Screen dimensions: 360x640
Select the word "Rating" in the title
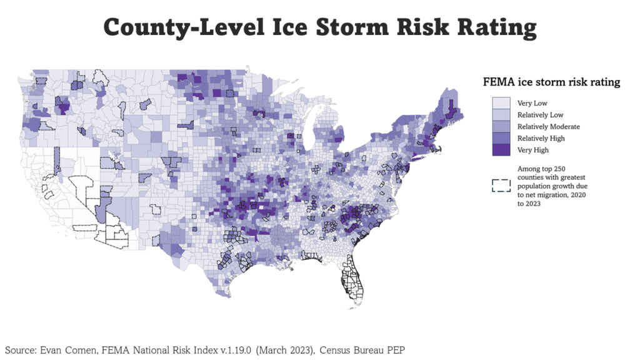pos(497,27)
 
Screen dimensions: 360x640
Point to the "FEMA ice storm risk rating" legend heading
pos(551,82)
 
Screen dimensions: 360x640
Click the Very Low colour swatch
pos(501,103)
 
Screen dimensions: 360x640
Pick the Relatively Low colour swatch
pos(501,115)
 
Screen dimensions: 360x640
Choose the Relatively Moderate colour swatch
pos(501,127)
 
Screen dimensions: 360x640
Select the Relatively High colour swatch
pos(501,138)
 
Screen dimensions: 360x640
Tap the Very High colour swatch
pos(501,150)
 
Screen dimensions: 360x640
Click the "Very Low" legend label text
pos(532,103)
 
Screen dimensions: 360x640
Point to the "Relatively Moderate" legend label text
pos(548,127)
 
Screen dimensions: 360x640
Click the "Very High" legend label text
pos(532,150)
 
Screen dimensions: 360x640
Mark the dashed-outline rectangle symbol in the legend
pos(501,186)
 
